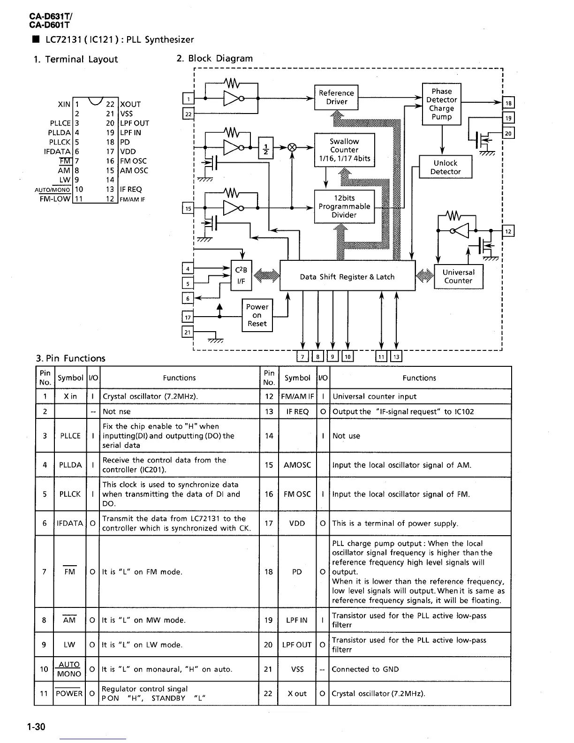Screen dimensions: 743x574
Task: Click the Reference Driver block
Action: click(x=336, y=98)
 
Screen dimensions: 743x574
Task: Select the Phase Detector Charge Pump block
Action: click(x=441, y=104)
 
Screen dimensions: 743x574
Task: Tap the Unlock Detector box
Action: click(x=445, y=167)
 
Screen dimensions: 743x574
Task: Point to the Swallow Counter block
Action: click(x=344, y=150)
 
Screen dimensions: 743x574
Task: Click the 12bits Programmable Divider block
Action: click(x=344, y=206)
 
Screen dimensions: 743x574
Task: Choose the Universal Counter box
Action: click(x=458, y=277)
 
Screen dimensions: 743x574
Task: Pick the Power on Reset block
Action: click(x=257, y=315)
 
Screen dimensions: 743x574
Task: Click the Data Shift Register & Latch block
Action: click(x=347, y=277)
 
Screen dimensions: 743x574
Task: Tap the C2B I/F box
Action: click(x=241, y=275)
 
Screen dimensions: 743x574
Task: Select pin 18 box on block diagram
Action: click(x=508, y=103)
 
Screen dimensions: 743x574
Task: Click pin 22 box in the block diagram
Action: click(x=188, y=114)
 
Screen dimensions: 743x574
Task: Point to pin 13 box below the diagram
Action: click(x=396, y=357)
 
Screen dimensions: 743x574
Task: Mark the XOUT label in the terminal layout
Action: click(x=130, y=105)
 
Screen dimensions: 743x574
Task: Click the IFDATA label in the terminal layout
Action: click(x=57, y=152)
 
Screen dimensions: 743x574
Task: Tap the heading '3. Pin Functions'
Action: click(x=71, y=358)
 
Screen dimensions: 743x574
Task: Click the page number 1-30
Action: click(x=36, y=727)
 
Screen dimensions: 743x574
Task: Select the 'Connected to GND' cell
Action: click(x=365, y=669)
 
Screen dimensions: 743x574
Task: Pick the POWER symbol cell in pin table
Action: click(x=69, y=694)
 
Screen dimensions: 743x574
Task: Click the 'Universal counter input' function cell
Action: click(x=374, y=396)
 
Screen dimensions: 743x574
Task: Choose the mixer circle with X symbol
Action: click(x=292, y=147)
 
